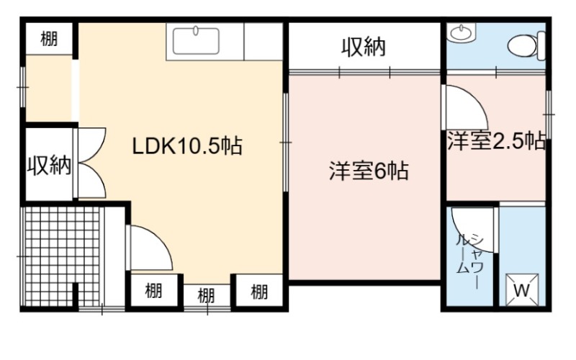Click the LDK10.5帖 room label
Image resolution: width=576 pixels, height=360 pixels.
pos(187,146)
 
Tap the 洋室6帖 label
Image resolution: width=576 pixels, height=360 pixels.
pos(369,171)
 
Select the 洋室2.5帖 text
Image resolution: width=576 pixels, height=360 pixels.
pos(496,140)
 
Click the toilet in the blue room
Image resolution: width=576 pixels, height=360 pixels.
pos(526,45)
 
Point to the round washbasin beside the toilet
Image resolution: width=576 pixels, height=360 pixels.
pos(460,32)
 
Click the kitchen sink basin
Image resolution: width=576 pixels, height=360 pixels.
pos(196,41)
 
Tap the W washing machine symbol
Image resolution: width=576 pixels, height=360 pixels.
pos(521,290)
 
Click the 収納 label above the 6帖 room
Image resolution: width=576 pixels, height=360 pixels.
pos(364,47)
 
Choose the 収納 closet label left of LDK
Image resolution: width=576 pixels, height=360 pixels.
pos(49,166)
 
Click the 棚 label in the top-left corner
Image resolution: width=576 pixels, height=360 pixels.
pos(49,39)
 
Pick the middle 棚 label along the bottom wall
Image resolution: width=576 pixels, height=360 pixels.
pos(206,295)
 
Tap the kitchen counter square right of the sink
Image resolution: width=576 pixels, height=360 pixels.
pos(263,41)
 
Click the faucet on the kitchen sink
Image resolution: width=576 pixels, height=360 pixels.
pos(196,30)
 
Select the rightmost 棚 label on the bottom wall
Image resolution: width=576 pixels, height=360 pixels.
pos(259,292)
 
